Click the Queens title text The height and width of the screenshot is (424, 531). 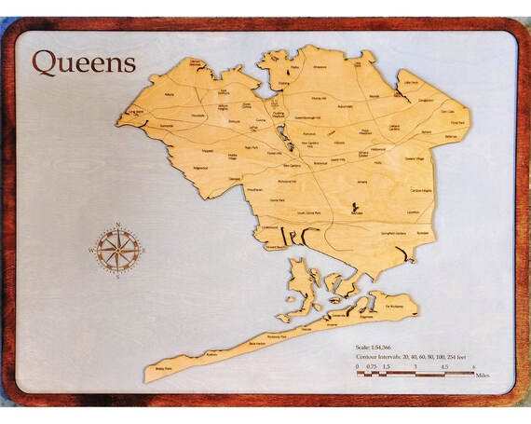point(84,62)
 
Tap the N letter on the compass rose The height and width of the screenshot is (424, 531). point(118,225)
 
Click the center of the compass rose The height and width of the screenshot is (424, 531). point(118,250)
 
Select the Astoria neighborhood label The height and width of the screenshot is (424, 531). point(170,94)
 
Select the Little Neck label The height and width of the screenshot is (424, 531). point(411,83)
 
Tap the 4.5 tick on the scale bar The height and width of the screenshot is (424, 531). point(442,367)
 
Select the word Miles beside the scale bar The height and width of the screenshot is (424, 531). point(482,376)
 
